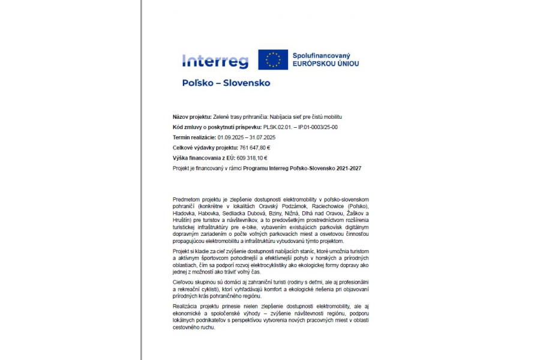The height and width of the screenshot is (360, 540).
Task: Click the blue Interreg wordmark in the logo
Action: click(215, 61)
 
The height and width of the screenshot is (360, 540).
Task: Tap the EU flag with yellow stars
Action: click(273, 60)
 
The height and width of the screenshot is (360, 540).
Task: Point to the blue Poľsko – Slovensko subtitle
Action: click(226, 83)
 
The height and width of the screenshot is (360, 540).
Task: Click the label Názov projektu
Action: click(192, 116)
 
